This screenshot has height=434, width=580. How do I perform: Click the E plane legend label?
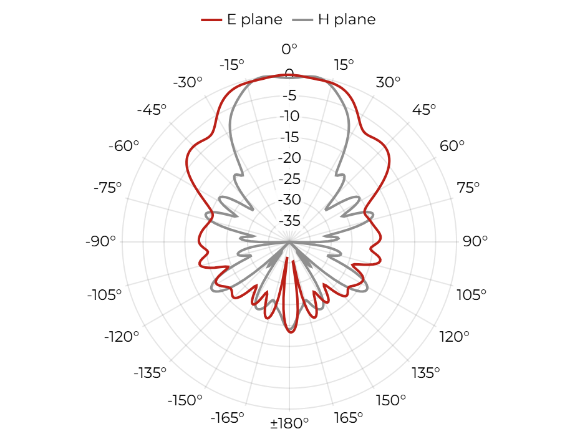[x=254, y=19]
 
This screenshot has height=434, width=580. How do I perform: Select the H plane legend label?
[x=347, y=19]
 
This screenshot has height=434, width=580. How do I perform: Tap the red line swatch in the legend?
[x=211, y=20]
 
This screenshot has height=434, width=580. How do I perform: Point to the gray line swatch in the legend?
[x=302, y=20]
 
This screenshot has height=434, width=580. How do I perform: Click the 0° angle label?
[x=289, y=49]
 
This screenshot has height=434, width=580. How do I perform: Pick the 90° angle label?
[x=475, y=241]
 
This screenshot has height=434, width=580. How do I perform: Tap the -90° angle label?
[x=100, y=241]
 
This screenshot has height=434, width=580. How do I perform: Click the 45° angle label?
[x=424, y=110]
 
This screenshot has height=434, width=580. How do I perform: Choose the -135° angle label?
[x=150, y=373]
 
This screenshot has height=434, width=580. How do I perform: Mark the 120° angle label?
[x=454, y=337]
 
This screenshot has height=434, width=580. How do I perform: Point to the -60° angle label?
[x=123, y=146]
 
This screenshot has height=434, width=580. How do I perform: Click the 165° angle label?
[x=348, y=418]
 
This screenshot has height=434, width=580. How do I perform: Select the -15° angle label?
[x=232, y=65]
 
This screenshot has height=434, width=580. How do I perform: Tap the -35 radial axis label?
[x=289, y=221]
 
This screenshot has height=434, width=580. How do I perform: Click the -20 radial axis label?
[x=289, y=158]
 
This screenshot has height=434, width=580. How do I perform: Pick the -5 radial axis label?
[x=289, y=96]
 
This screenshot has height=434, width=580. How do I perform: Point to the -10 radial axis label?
[x=289, y=117]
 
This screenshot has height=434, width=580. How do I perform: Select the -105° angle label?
[x=104, y=295]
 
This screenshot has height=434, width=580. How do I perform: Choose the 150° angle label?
[x=390, y=400]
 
